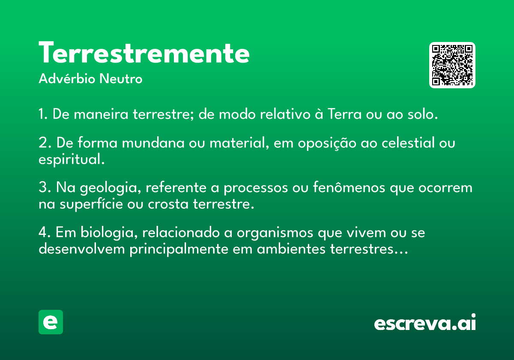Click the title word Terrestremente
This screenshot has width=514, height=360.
coord(144,53)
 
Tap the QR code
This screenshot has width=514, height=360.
coord(452,65)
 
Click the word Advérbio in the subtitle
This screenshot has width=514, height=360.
coord(67,79)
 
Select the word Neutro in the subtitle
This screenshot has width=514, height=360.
coord(121,79)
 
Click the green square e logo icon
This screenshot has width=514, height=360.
coord(51,322)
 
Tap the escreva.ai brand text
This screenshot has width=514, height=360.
coord(425,322)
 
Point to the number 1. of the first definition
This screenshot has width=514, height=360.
coord(43,114)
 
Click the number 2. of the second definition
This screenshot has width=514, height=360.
coord(45,143)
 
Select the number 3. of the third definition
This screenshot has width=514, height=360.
coord(45,187)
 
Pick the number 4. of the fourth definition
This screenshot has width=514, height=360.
coord(45,232)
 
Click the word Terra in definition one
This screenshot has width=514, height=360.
coord(345,114)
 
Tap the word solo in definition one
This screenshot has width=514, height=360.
coord(422,114)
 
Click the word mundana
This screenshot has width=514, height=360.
coord(153,143)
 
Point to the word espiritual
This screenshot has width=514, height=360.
coord(72,159)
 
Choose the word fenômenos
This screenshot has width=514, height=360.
coord(349,187)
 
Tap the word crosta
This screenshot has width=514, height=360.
coord(168,204)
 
